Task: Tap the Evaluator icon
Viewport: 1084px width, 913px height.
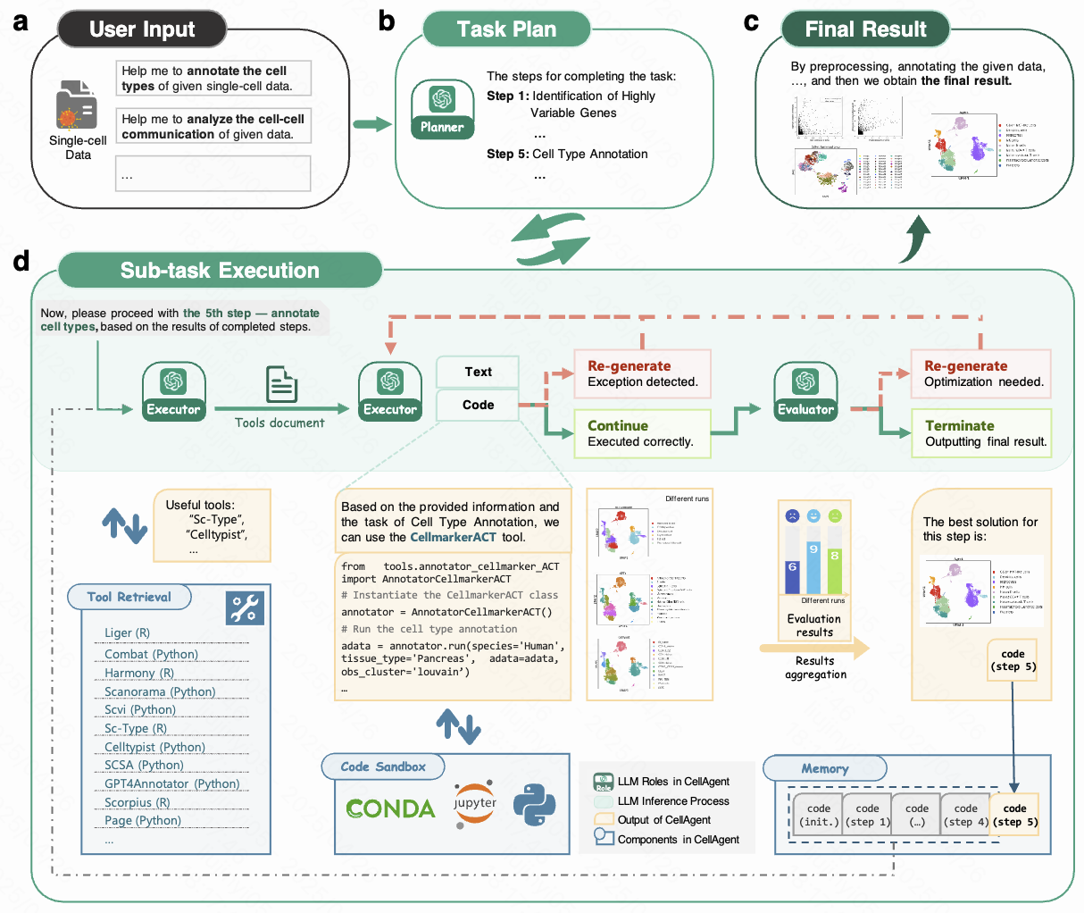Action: [x=805, y=390]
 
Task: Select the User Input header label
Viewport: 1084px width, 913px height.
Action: [x=142, y=29]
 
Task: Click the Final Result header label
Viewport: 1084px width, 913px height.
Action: [x=864, y=29]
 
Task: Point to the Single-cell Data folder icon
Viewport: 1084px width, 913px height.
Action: [x=77, y=105]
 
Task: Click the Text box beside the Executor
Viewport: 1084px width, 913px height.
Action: [x=478, y=372]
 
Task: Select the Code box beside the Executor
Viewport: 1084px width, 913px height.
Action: [x=478, y=405]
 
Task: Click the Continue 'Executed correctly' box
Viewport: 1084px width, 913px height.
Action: [x=641, y=433]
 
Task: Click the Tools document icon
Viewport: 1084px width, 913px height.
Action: [x=281, y=384]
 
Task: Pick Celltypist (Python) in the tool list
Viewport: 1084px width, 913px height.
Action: [x=154, y=747]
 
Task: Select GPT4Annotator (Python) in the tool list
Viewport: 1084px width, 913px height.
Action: [x=171, y=783]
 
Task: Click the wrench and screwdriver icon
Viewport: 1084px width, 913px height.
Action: [x=244, y=607]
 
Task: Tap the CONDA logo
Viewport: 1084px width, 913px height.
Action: [x=390, y=808]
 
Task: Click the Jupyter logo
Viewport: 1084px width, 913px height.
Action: [x=474, y=802]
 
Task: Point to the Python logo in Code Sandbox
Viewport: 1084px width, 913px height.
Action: [x=534, y=803]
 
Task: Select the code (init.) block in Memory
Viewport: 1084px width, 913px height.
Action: [x=818, y=815]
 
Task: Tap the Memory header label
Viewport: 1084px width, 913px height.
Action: [x=824, y=768]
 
